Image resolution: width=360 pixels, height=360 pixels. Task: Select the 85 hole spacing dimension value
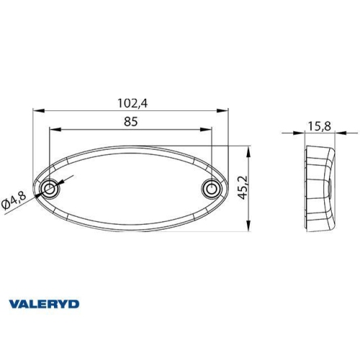tap(130, 122)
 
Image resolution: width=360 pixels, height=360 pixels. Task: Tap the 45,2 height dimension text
tap(245, 189)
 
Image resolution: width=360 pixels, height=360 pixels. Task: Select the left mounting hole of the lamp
tap(49, 189)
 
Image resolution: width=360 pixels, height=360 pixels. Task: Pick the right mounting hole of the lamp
tap(210, 189)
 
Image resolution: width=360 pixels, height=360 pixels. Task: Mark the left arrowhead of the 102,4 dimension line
tap(37, 111)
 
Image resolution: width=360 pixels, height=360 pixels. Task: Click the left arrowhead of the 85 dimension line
tap(53, 130)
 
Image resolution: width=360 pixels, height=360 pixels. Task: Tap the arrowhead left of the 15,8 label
tap(301, 133)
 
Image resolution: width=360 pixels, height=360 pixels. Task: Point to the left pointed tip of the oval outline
tap(34, 189)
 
